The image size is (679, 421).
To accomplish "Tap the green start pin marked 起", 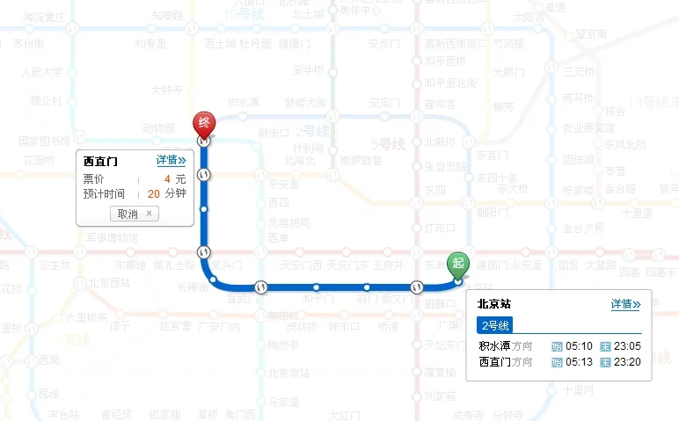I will tap(457, 262).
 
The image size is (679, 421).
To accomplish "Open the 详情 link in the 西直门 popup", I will tap(172, 161).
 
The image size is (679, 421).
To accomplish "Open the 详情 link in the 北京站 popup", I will tap(625, 304).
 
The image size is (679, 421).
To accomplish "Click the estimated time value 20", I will tap(154, 193).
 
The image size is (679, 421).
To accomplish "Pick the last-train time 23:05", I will tap(628, 346).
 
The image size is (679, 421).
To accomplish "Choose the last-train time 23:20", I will tap(628, 362).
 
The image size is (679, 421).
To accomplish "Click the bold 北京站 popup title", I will tap(494, 305).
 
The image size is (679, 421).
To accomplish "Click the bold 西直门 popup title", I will tap(100, 162).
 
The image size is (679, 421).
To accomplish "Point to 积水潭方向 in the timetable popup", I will tap(506, 346).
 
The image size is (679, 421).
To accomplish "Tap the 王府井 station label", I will tap(387, 265).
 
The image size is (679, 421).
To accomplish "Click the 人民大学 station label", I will tap(42, 72).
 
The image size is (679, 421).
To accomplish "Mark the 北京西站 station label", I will tap(108, 283).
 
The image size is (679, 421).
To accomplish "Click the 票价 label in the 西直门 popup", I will tap(93, 178).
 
